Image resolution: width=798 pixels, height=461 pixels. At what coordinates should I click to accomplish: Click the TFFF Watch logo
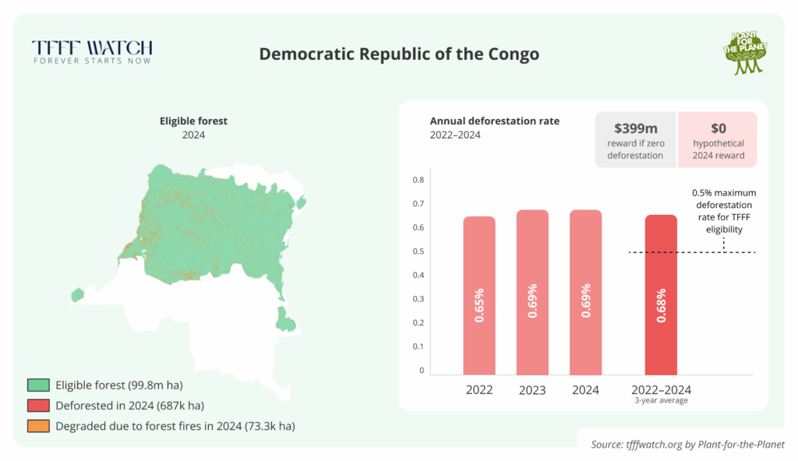click(92, 51)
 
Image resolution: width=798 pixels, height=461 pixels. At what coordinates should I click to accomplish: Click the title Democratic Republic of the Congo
click(398, 55)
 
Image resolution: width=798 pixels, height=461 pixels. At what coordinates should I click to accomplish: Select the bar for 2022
click(479, 296)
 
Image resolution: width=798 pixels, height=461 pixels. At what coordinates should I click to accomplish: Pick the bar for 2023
click(532, 293)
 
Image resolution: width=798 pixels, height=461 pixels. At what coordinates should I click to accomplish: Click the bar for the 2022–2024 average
click(661, 295)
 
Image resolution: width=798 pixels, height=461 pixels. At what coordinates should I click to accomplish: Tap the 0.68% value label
click(661, 307)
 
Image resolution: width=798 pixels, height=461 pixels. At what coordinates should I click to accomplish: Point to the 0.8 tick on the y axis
click(418, 180)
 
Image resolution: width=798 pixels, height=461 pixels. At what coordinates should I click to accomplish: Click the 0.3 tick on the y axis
click(418, 299)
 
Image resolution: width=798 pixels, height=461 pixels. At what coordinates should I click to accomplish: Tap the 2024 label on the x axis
click(585, 389)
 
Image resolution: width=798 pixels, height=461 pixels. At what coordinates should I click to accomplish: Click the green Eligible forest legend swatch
click(37, 385)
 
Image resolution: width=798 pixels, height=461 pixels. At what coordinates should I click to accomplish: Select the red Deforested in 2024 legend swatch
click(37, 405)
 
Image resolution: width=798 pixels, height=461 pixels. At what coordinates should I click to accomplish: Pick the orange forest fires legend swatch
click(37, 426)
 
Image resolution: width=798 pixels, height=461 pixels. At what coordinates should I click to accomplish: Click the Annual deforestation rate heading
click(494, 121)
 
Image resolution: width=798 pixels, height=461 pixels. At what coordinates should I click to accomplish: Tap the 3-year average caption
click(661, 401)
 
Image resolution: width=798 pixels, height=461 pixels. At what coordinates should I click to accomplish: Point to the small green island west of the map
click(77, 295)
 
